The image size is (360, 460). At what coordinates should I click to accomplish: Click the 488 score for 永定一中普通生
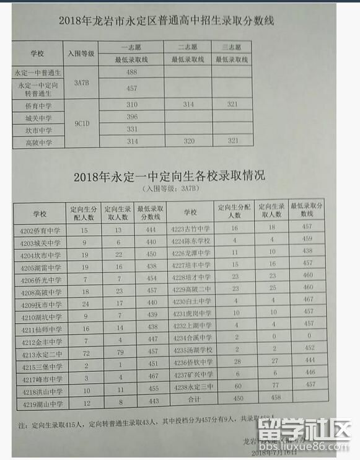point(131,73)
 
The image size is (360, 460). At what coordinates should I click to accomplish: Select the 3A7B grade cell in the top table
point(82,81)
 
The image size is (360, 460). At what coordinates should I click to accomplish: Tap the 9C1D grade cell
point(82,123)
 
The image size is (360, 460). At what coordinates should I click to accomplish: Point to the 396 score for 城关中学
point(131,117)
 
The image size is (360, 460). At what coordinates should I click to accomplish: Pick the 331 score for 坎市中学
point(131,129)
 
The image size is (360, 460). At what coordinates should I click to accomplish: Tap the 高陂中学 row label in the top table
point(39,143)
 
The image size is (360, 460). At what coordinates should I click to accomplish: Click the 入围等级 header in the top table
point(81,53)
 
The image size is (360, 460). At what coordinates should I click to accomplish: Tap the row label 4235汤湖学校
point(192,349)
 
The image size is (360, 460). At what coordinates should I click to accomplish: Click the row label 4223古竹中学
point(192,228)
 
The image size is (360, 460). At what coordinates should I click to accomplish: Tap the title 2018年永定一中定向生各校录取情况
point(169,176)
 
